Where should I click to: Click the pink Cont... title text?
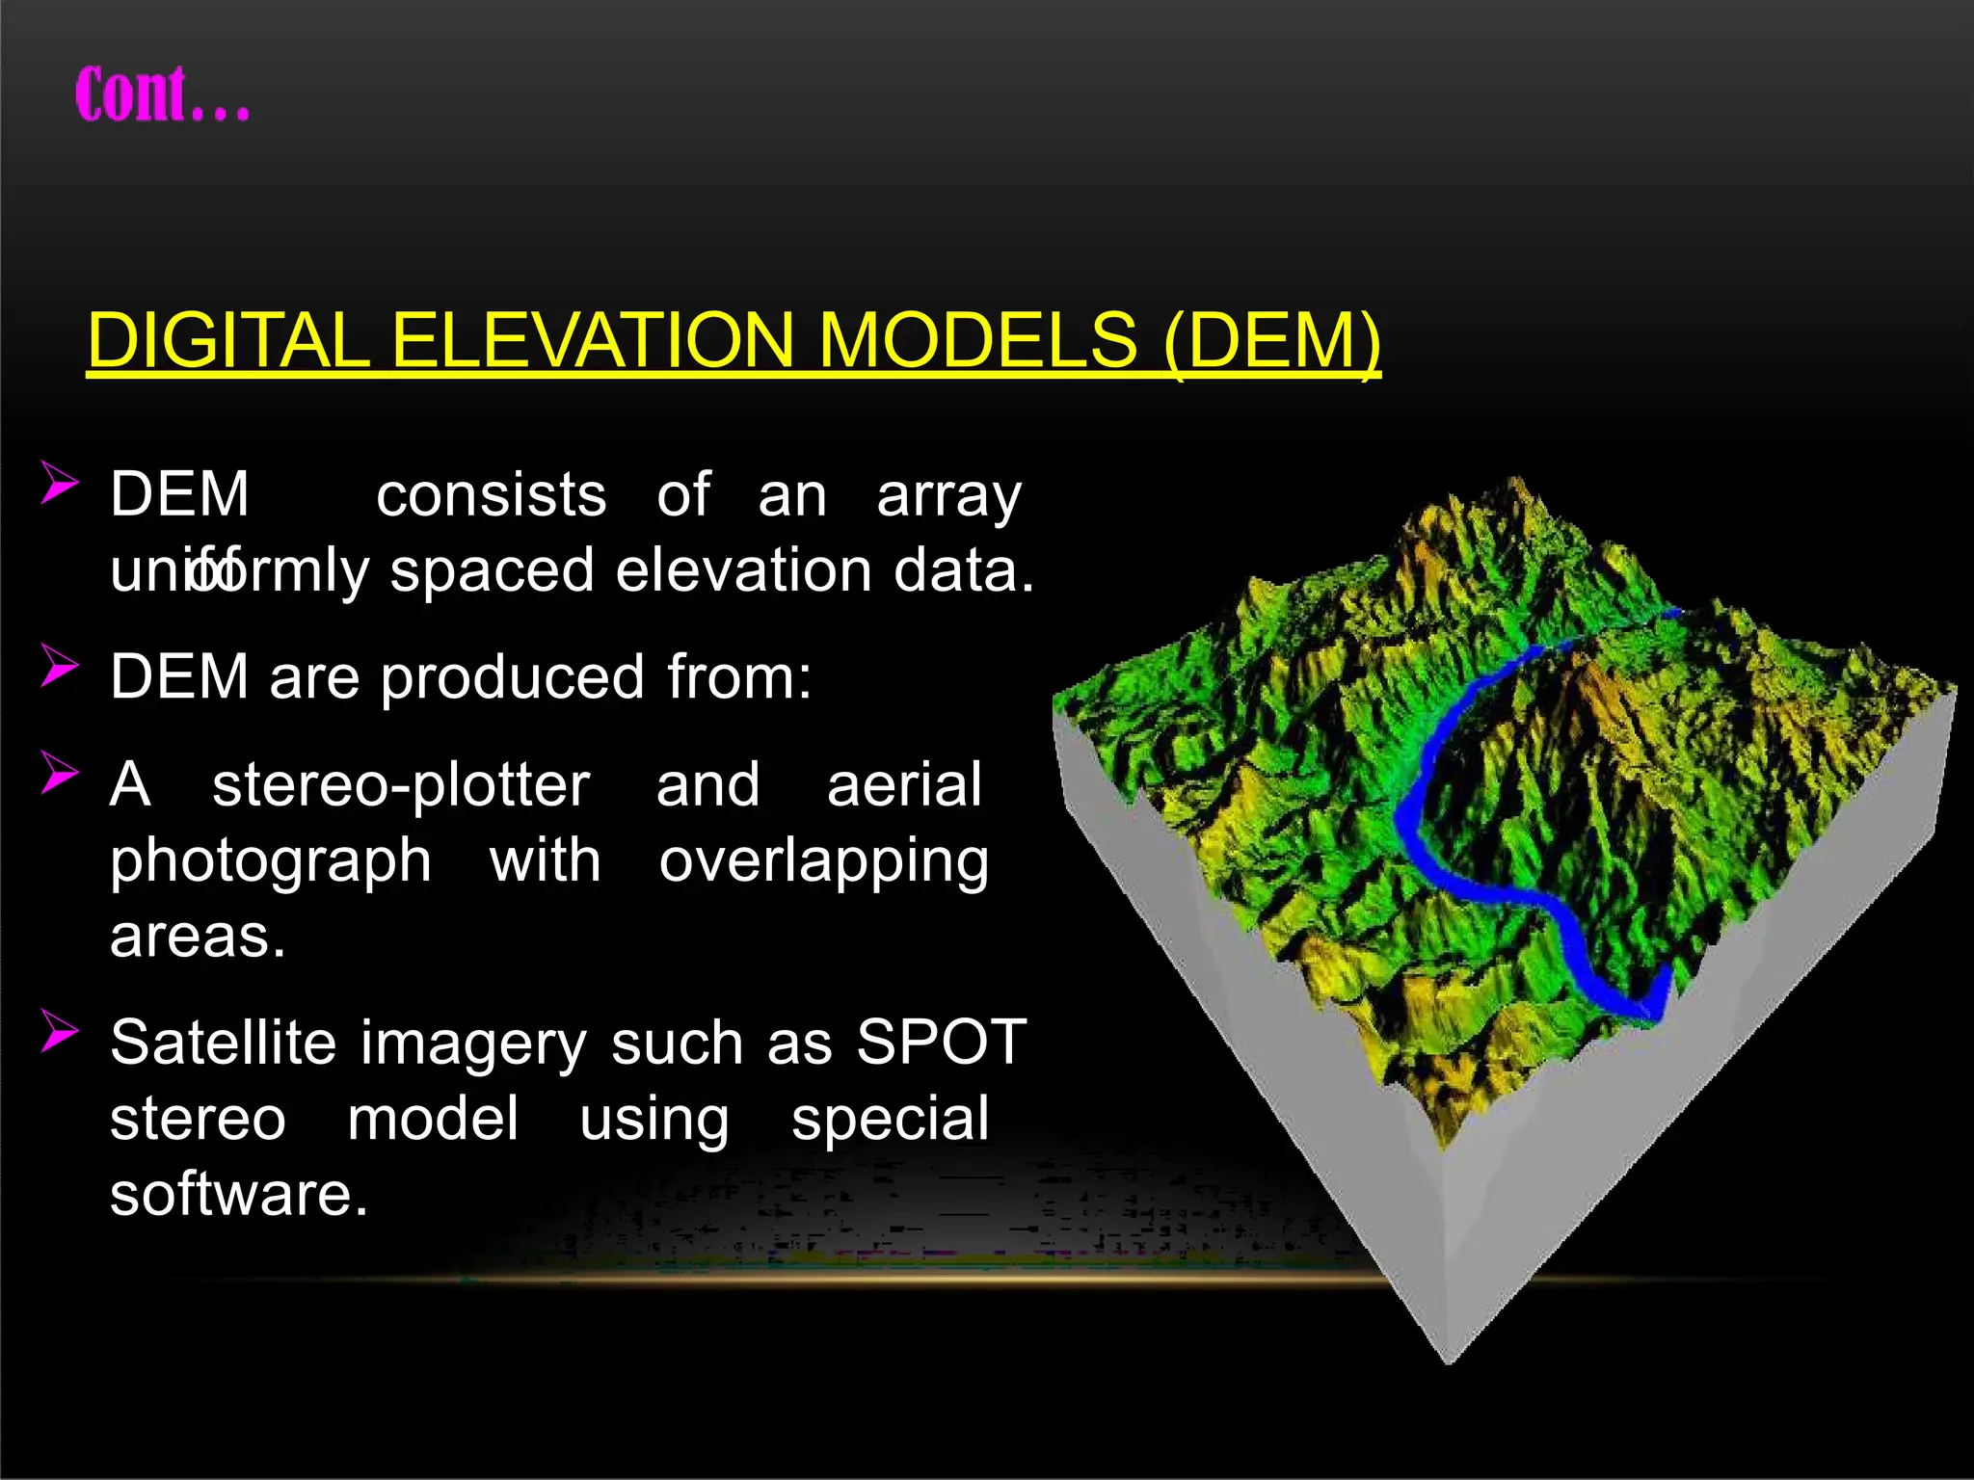pos(162,94)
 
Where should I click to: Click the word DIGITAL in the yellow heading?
pos(227,341)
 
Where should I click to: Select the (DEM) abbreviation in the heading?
pos(1271,341)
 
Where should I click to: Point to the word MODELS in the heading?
pos(979,341)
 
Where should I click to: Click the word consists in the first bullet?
pos(491,496)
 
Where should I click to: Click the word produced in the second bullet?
pos(512,678)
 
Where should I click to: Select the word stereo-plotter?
pos(400,785)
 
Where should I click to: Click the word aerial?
pos(904,785)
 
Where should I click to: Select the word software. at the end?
pos(239,1195)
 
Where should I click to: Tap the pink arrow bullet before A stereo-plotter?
pos(59,773)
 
